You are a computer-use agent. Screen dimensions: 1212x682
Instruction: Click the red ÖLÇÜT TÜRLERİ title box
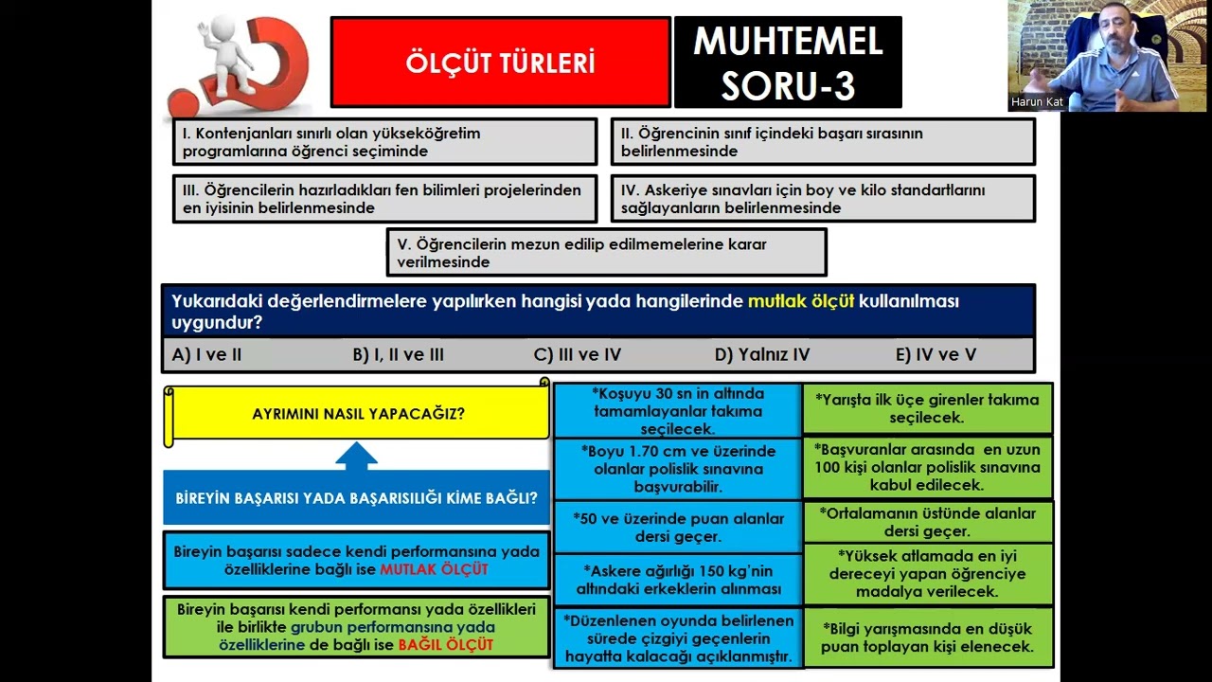click(500, 63)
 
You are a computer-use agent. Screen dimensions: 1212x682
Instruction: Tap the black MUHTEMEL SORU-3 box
click(788, 63)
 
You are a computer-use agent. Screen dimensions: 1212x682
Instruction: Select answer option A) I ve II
click(207, 355)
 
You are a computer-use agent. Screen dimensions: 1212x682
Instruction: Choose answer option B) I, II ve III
click(398, 355)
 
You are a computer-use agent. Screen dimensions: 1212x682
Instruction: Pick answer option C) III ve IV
click(578, 355)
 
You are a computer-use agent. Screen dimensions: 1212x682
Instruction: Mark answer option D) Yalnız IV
click(762, 355)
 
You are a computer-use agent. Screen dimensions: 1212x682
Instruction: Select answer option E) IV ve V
click(936, 355)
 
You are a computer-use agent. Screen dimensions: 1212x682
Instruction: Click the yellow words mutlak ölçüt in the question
click(801, 301)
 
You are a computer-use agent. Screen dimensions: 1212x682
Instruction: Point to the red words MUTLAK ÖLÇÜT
click(434, 569)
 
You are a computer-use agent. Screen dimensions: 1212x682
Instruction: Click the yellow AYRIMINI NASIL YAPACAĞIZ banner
click(358, 414)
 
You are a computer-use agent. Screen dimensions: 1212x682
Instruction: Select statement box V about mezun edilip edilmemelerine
click(606, 253)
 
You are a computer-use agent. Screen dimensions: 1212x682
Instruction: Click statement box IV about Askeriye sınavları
click(822, 199)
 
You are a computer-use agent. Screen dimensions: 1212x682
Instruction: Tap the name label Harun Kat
click(1037, 102)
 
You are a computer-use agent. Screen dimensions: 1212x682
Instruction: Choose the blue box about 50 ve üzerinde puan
click(678, 528)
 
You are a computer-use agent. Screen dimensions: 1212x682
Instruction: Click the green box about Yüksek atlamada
click(927, 573)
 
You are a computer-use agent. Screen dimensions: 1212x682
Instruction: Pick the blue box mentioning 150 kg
click(678, 580)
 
